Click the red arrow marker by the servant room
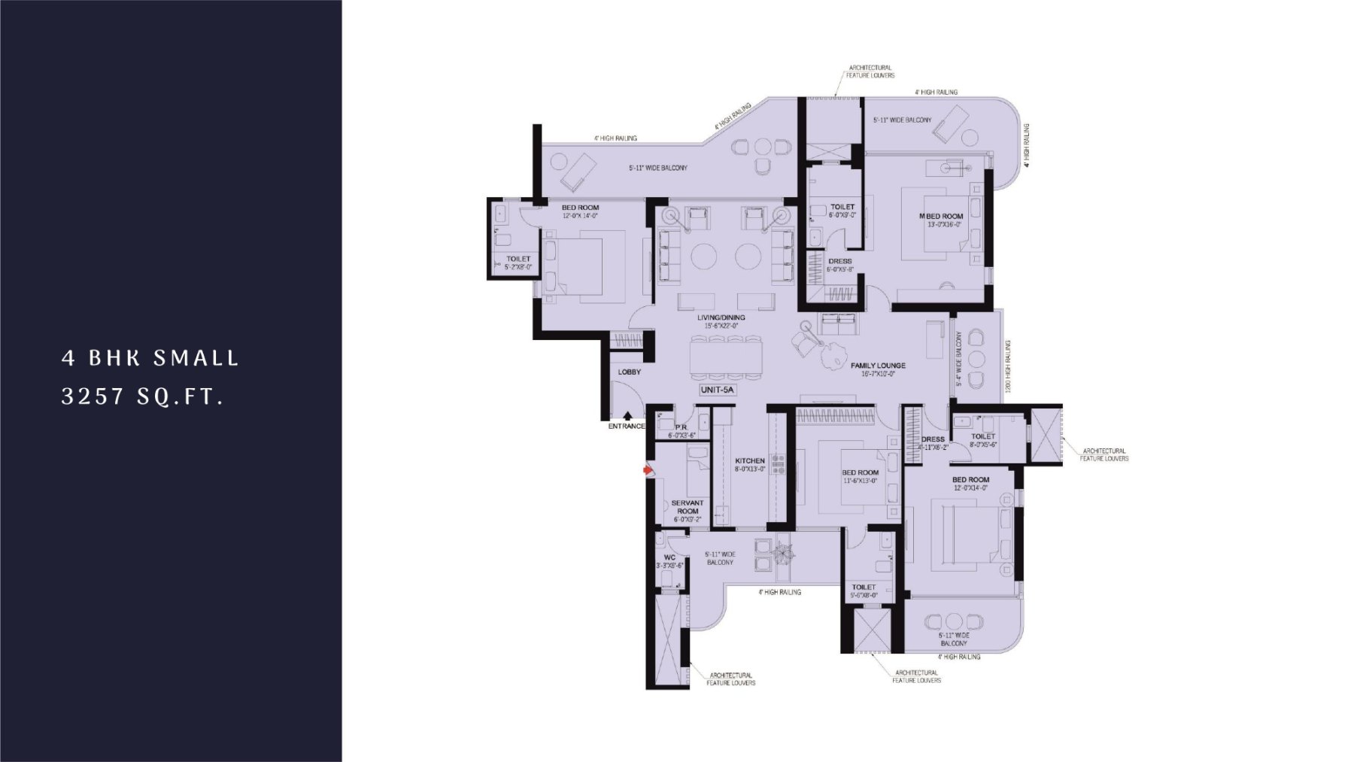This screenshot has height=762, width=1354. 647,470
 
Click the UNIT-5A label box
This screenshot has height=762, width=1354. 715,390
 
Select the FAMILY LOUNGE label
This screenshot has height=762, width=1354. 878,366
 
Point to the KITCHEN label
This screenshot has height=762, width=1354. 750,460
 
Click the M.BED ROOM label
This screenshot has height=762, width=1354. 941,217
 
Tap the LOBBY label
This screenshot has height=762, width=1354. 629,372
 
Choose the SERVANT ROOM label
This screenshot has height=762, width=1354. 687,507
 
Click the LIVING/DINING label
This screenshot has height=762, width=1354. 721,317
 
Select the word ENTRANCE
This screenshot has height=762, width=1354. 627,427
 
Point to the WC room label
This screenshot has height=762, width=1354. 669,557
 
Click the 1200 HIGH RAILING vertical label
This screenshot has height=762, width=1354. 1007,366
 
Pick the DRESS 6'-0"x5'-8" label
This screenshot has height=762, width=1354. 839,262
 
